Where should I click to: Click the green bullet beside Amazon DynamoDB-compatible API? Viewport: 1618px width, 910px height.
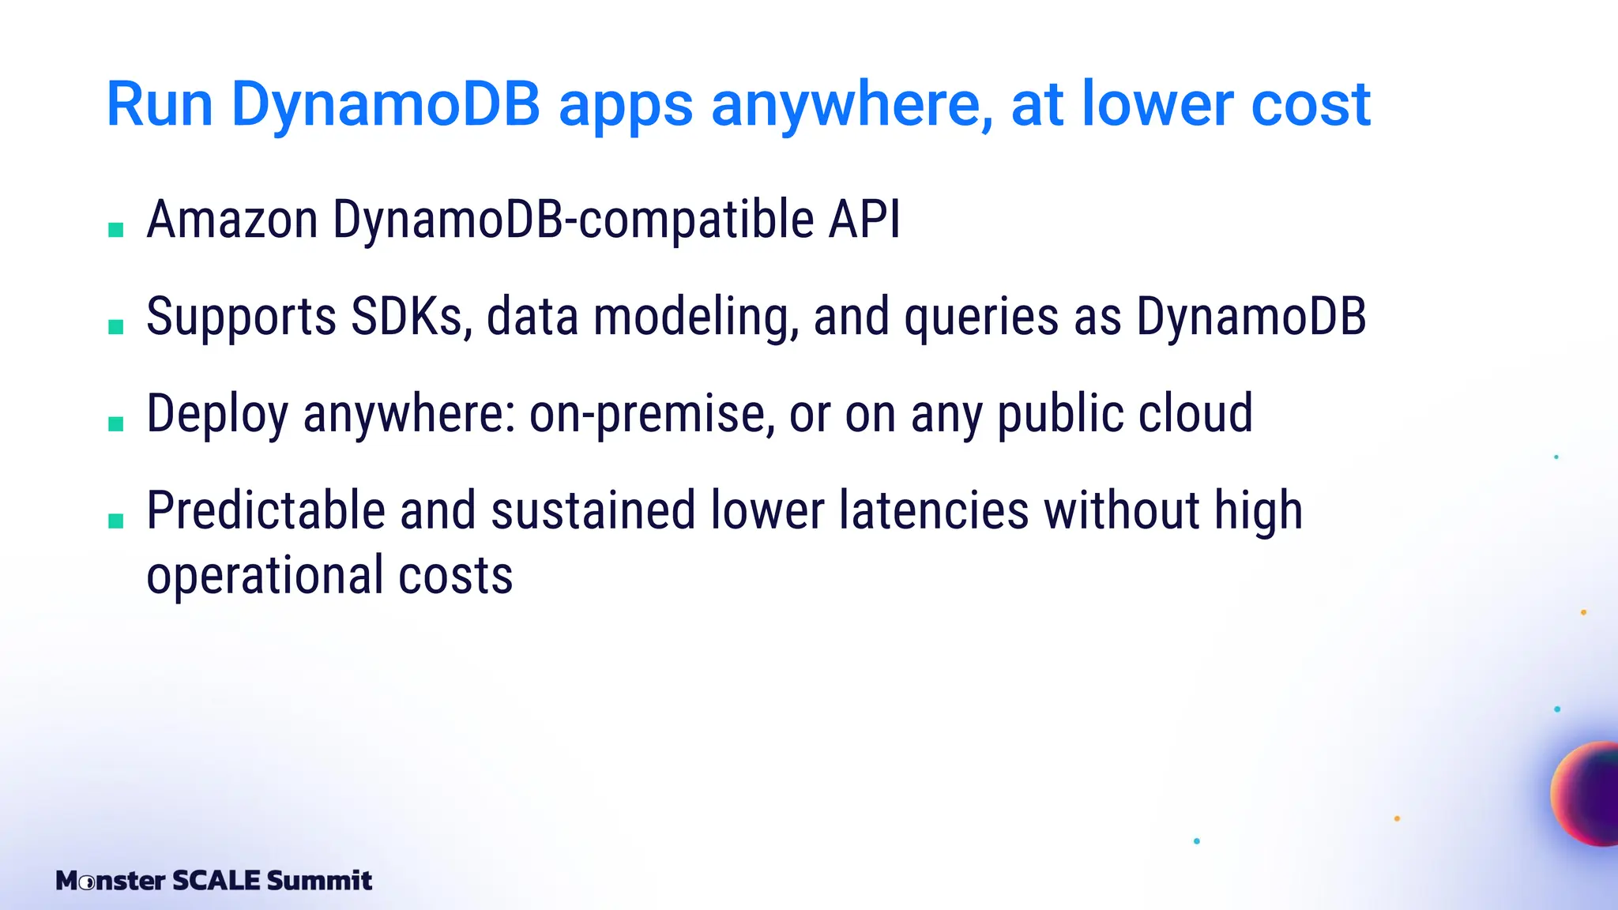(116, 230)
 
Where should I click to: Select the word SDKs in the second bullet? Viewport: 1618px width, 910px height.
(412, 317)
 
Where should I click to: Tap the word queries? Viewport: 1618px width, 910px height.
(981, 318)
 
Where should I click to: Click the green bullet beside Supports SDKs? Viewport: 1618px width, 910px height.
(116, 327)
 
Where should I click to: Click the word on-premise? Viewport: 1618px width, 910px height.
(652, 415)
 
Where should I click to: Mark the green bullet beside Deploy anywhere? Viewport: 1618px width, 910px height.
(116, 424)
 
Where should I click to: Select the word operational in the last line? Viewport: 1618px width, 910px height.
(265, 577)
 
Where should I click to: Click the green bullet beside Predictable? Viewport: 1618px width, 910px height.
(116, 521)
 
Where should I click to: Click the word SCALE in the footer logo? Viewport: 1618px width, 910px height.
(216, 880)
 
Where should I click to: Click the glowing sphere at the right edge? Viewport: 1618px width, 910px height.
(1588, 794)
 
